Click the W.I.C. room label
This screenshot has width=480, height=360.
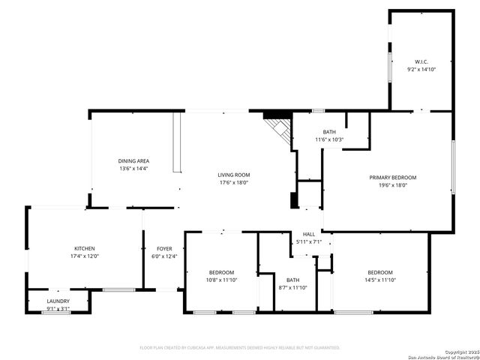click(x=421, y=61)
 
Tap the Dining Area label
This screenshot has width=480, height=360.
click(x=133, y=161)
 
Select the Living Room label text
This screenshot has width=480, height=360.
click(x=233, y=175)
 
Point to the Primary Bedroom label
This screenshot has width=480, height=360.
click(x=392, y=178)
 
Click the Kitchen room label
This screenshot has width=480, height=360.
click(x=84, y=248)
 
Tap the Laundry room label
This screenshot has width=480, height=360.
click(x=58, y=301)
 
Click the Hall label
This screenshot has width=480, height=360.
click(x=308, y=234)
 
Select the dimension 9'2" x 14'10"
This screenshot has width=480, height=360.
click(x=421, y=69)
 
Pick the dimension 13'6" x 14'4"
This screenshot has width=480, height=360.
click(x=133, y=169)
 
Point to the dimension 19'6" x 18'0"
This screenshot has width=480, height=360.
click(x=392, y=185)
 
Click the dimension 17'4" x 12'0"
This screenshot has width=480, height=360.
click(x=84, y=256)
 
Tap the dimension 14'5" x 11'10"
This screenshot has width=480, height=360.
click(x=380, y=280)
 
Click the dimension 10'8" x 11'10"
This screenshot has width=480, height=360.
click(x=221, y=280)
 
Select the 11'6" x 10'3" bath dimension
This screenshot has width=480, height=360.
click(x=329, y=139)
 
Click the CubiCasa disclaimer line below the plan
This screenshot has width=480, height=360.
click(x=240, y=347)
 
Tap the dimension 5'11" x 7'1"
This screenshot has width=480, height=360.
click(x=308, y=241)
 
